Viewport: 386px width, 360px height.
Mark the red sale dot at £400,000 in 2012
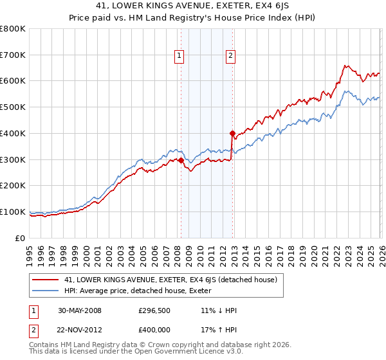click(x=232, y=133)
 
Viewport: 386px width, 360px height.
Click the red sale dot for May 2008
click(x=181, y=160)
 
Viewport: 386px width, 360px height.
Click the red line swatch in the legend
click(x=46, y=280)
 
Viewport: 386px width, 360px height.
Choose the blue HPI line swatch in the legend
click(x=46, y=290)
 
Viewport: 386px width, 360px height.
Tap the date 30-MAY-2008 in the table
click(x=78, y=310)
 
